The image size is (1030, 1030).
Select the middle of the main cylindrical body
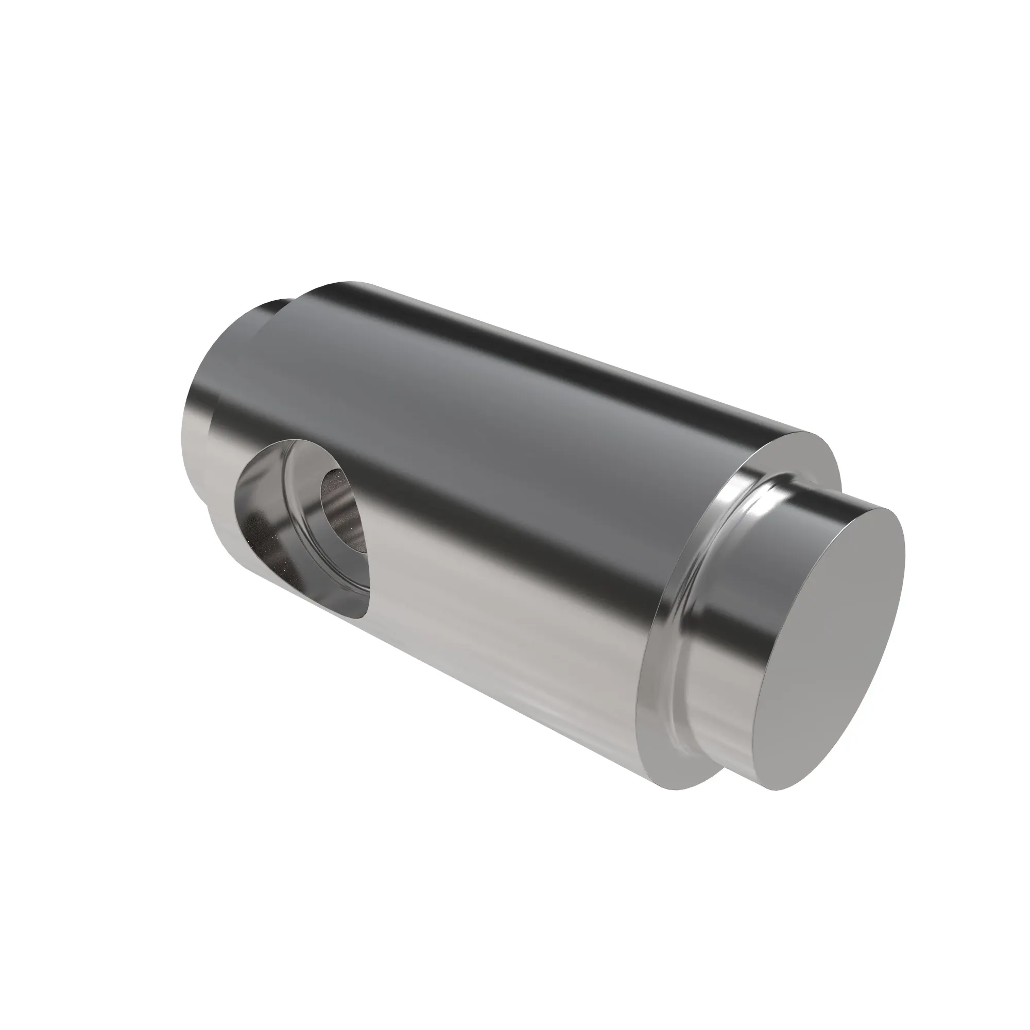pyautogui.click(x=506, y=480)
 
